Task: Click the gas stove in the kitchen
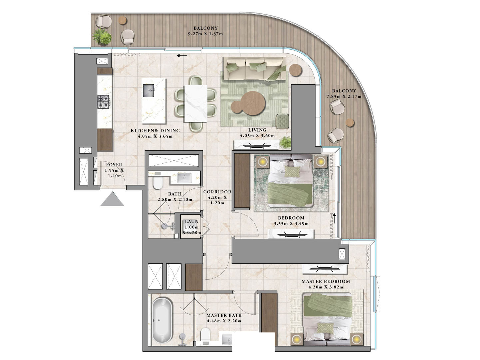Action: [x=103, y=102]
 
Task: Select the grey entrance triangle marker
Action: [x=112, y=199]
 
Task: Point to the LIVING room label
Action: [x=257, y=130]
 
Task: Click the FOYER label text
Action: [x=114, y=165]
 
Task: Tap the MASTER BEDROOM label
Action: [x=326, y=281]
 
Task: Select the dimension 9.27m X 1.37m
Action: [x=205, y=34]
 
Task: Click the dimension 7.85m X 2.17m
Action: [x=344, y=97]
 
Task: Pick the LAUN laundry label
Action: [x=192, y=221]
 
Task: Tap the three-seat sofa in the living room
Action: [x=254, y=68]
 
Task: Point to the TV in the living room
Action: [x=255, y=146]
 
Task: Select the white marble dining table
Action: [x=196, y=103]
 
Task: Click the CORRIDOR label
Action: [x=217, y=192]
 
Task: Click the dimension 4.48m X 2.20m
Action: [x=224, y=321]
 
